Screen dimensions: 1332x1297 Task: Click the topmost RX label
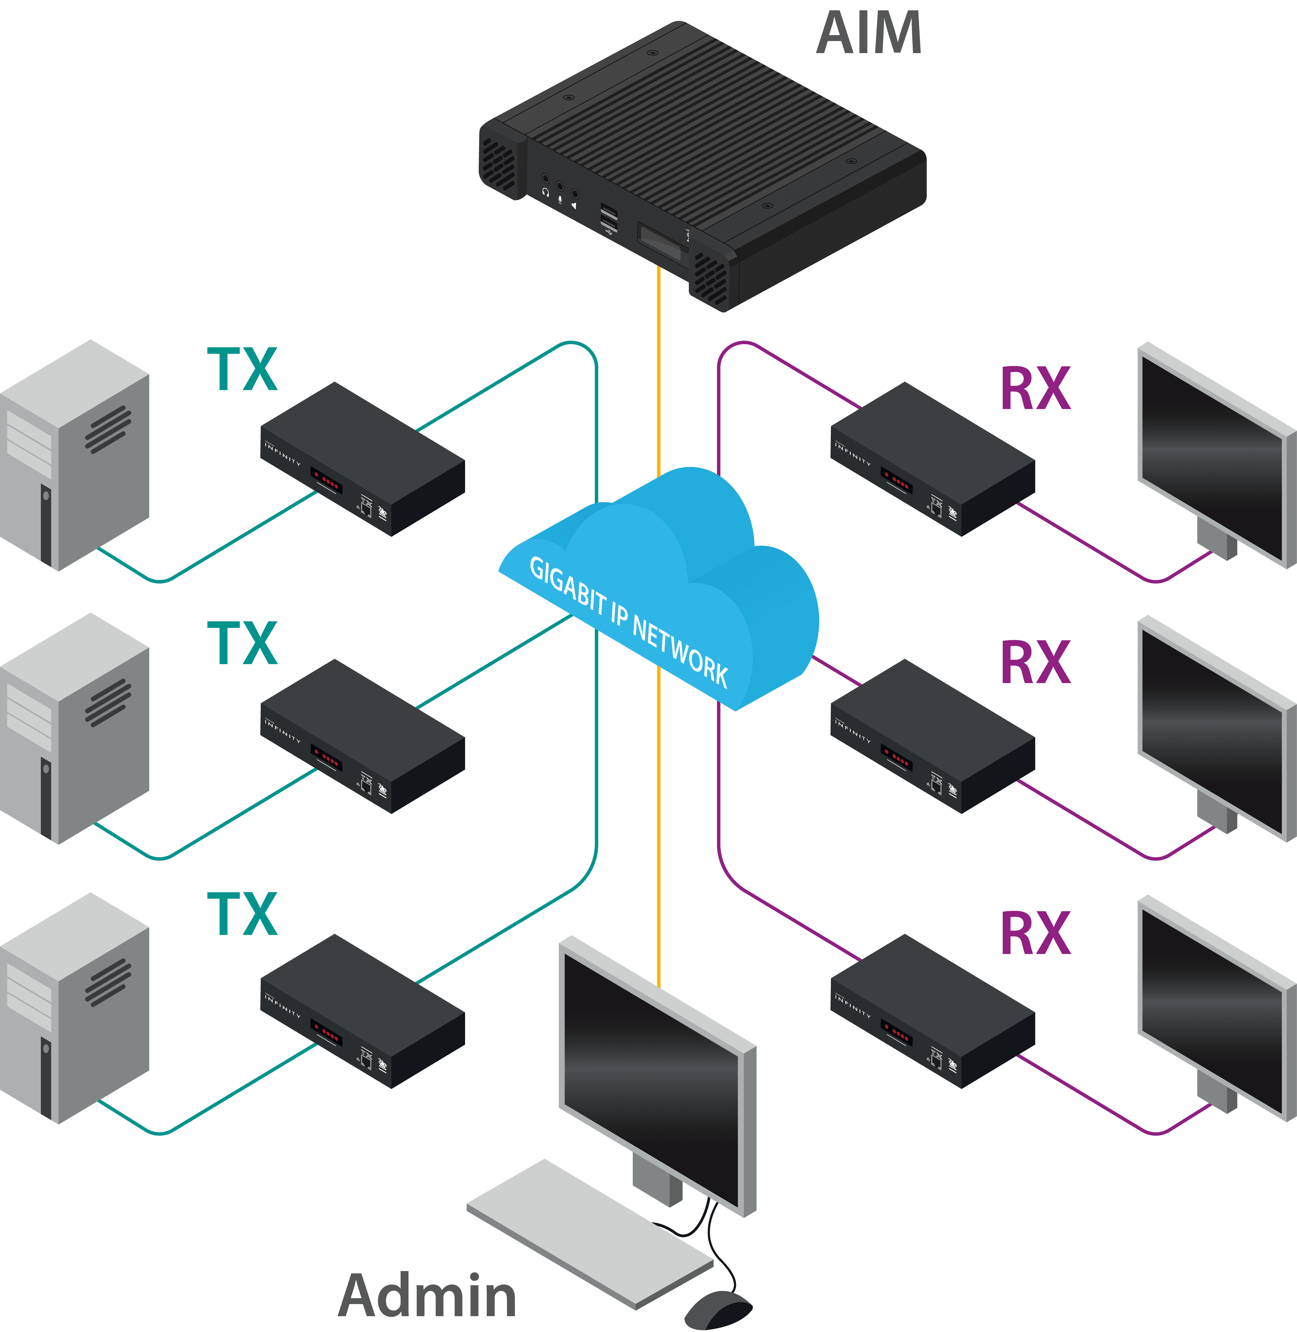[1035, 389]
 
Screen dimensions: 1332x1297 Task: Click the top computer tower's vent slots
[108, 429]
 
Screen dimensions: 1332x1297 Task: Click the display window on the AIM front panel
[659, 242]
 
